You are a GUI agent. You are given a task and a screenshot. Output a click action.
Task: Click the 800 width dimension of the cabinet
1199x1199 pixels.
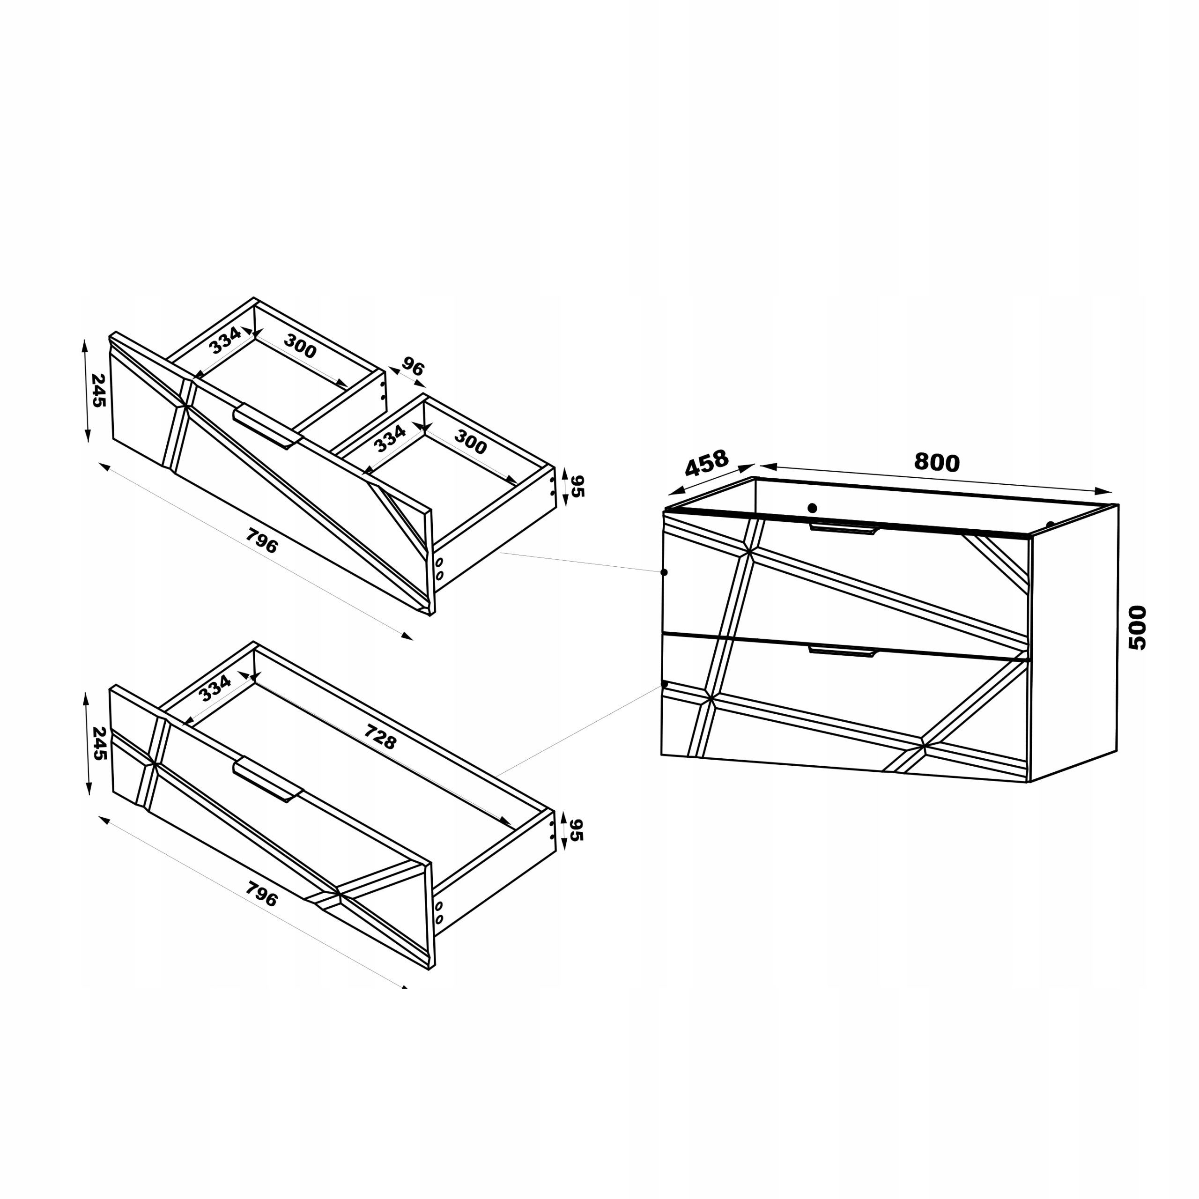937,462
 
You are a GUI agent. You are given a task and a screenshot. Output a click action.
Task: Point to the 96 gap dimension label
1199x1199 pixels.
412,367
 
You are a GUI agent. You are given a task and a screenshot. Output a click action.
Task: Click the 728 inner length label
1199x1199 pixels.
379,737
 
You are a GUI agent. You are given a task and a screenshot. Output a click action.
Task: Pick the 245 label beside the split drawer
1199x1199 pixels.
98,390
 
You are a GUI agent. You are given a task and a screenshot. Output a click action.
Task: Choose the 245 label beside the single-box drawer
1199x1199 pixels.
99,743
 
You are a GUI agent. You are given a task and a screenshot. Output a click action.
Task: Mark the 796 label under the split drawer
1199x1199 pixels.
261,540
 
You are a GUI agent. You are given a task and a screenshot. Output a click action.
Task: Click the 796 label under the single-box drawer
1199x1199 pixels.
261,894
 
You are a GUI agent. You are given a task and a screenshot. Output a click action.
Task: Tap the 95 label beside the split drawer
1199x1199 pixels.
577,487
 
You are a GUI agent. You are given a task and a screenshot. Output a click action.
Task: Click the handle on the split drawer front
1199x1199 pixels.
267,426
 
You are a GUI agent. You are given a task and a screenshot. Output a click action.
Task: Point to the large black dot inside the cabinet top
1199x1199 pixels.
812,508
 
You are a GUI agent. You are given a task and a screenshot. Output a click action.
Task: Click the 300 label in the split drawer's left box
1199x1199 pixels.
300,346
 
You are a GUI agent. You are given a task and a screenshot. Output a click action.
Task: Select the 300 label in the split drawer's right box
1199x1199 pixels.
470,442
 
